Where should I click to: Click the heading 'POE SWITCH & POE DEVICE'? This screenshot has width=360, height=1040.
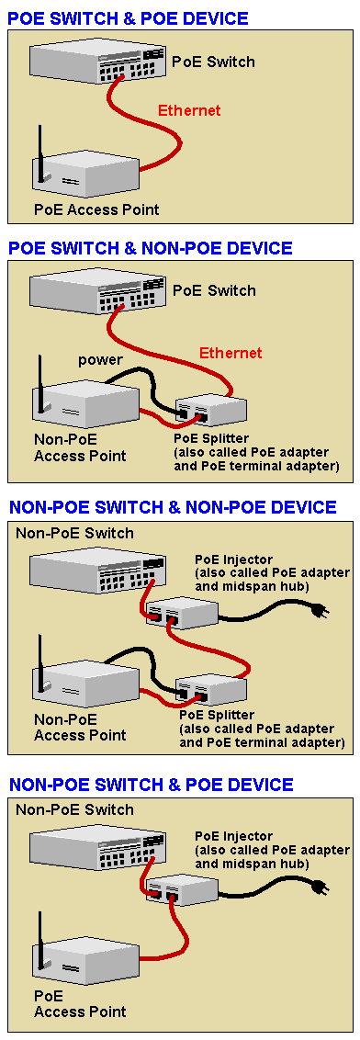[x=128, y=17]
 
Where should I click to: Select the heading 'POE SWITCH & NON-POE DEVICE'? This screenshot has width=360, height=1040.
[x=150, y=248]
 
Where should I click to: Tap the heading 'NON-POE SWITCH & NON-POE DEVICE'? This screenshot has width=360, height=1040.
[x=173, y=508]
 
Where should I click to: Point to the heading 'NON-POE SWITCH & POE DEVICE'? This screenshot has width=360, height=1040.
[x=152, y=785]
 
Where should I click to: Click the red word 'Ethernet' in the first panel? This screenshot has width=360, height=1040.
[x=189, y=110]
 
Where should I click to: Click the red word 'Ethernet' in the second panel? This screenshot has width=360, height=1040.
[x=231, y=353]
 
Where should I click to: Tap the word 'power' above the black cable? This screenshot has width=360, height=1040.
[x=101, y=361]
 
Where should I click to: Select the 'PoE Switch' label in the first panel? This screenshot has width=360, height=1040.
[x=213, y=62]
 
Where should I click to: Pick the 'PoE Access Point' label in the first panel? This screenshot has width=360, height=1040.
[x=96, y=210]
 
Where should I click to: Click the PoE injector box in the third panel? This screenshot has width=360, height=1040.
[x=183, y=611]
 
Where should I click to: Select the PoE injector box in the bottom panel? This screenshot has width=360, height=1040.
[x=183, y=887]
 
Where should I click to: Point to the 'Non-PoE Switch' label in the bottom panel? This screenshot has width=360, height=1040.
[x=74, y=809]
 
